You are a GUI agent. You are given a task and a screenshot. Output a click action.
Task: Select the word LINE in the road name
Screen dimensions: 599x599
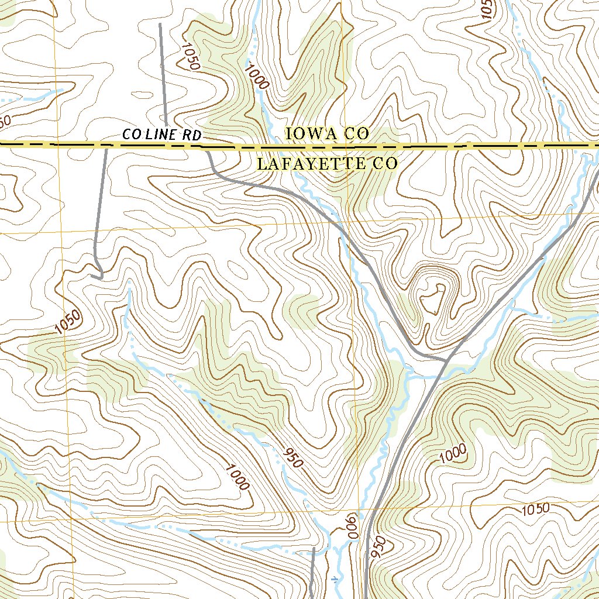click(162, 135)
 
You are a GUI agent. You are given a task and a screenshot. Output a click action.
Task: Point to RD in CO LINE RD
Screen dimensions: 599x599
click(192, 135)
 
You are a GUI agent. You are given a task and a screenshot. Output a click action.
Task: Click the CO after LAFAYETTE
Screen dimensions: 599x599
click(384, 164)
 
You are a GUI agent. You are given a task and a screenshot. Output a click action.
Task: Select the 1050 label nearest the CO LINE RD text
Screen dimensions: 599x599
click(191, 56)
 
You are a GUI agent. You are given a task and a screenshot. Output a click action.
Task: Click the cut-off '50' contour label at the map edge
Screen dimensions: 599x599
click(5, 121)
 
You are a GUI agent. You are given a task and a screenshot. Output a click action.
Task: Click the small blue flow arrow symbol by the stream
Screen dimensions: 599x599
click(334, 579)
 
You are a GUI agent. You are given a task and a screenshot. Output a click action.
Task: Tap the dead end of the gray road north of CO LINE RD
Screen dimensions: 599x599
click(160, 25)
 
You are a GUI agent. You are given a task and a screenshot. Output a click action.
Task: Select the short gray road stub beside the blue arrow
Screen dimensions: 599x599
click(312, 570)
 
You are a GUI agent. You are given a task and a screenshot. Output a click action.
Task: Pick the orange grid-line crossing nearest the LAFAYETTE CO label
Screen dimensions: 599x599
click(347, 223)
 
